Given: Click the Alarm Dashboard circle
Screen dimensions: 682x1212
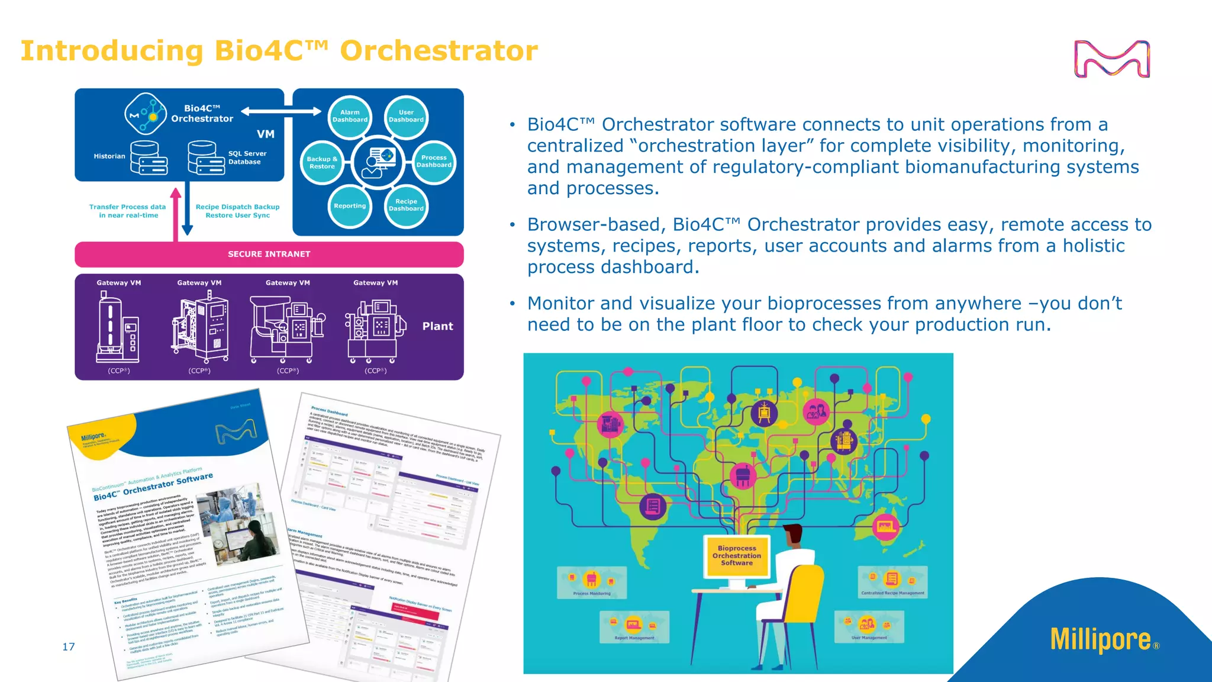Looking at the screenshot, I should click(x=350, y=116).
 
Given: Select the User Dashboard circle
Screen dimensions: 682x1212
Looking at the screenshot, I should click(x=406, y=116).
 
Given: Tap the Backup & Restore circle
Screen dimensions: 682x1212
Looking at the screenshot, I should click(x=322, y=163).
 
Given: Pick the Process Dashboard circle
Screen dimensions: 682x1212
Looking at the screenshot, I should click(x=434, y=162).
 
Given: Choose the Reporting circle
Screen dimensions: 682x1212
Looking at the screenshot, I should click(x=350, y=206).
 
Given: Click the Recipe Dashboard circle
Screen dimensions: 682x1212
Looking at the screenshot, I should click(x=406, y=205).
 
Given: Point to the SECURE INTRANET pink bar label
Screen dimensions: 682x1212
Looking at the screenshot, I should click(x=269, y=254).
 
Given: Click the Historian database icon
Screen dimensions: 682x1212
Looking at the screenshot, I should click(x=149, y=157).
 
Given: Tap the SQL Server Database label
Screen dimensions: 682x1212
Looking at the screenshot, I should click(x=247, y=157).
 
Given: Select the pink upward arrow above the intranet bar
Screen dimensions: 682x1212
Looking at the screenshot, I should click(x=176, y=213).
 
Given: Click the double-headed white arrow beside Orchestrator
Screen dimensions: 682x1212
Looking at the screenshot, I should click(x=281, y=111).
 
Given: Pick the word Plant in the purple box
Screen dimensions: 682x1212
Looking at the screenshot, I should click(x=437, y=326).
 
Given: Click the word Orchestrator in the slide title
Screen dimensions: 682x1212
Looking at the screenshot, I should click(x=439, y=51).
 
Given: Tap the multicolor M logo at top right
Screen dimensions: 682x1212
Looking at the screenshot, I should click(x=1111, y=59).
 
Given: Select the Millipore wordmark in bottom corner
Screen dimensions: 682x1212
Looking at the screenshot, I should click(x=1100, y=639).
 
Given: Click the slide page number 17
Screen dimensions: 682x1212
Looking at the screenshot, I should click(x=69, y=646).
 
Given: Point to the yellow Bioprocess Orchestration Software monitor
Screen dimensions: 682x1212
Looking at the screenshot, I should click(x=737, y=556).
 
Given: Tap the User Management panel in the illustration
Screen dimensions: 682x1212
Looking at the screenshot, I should click(x=869, y=626).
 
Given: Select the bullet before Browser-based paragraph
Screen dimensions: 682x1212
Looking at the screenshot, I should click(x=512, y=225).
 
